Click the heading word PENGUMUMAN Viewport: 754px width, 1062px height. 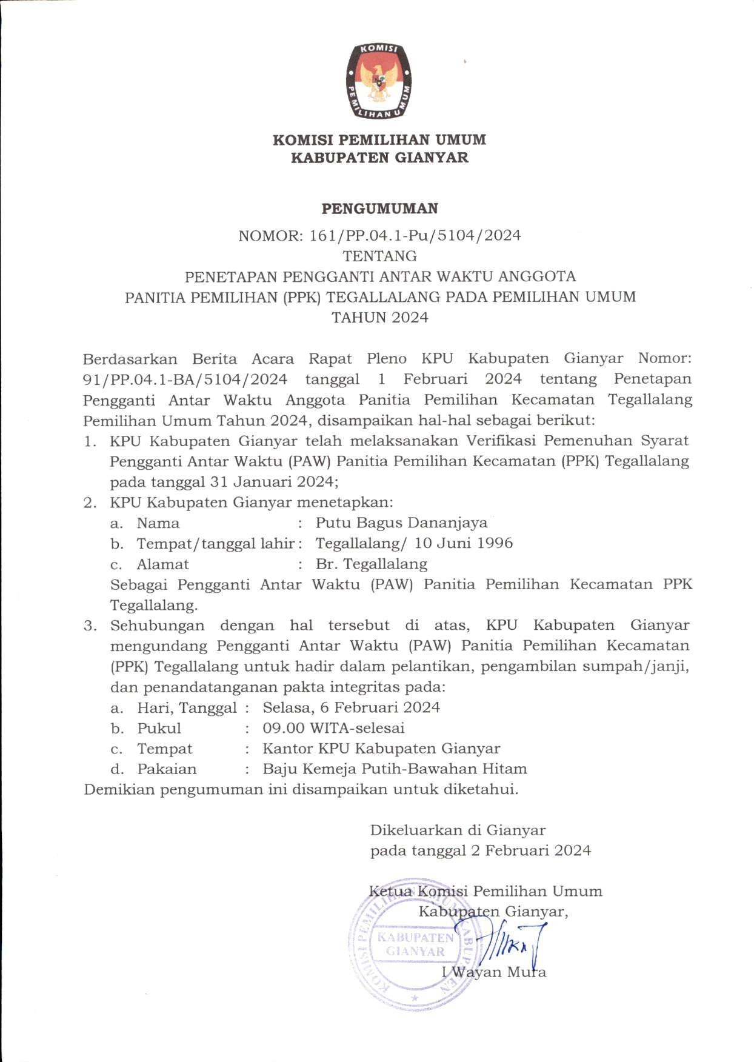pos(379,209)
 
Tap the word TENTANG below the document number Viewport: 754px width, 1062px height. pos(379,256)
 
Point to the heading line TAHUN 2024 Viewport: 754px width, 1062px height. pos(379,318)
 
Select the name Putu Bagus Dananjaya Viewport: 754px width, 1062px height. pos(401,523)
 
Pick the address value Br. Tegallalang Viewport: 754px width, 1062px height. pos(371,564)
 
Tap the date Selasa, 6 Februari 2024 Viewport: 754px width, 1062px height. pos(351,707)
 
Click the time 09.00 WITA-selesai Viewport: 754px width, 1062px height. pos(333,728)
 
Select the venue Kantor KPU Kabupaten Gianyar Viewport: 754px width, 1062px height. pos(381,749)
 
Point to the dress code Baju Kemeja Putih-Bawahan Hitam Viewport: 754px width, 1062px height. pos(394,769)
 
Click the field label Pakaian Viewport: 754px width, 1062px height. pos(167,769)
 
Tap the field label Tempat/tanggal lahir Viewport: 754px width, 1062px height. pos(215,543)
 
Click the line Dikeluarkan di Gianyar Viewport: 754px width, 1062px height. pos(458,830)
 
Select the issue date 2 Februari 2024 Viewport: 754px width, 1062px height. pos(531,850)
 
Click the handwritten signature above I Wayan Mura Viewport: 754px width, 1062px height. pos(509,943)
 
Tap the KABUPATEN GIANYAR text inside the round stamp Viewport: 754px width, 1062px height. pos(415,944)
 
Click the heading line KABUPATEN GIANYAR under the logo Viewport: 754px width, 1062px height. pos(379,158)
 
